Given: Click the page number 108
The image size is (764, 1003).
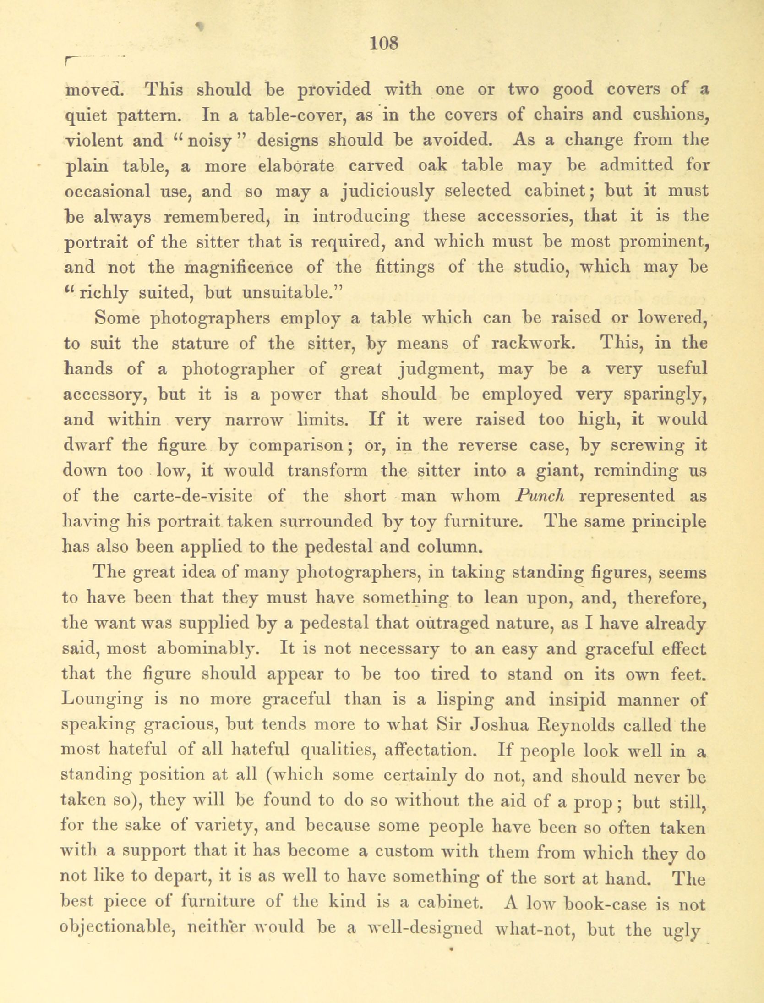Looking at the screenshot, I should [384, 43].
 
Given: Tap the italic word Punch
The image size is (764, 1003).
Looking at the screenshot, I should [540, 496].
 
